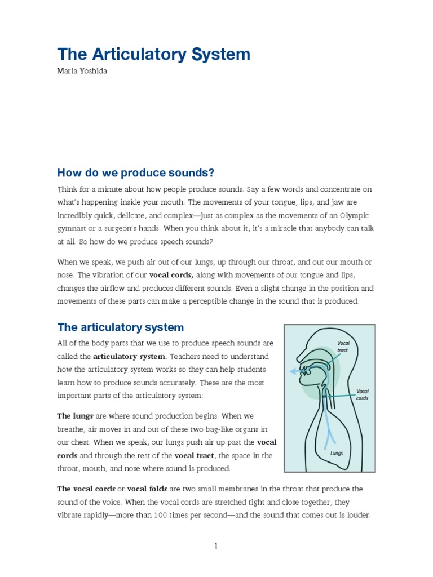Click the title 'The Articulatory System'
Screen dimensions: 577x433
click(153, 55)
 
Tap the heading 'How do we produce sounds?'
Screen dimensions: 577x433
click(136, 172)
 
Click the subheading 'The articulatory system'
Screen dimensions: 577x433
click(121, 327)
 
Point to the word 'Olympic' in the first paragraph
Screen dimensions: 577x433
click(355, 215)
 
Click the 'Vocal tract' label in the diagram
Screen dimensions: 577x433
click(343, 346)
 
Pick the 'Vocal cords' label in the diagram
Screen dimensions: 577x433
click(362, 394)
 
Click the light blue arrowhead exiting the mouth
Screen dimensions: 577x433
click(293, 371)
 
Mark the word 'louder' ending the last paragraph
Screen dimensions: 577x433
click(357, 514)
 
